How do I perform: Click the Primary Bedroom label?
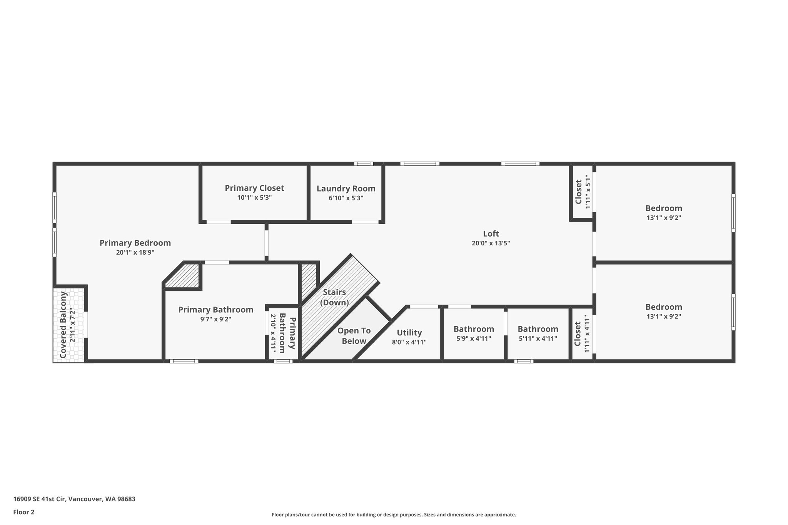point(135,243)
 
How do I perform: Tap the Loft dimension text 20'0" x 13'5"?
point(491,243)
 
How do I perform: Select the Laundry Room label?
point(346,189)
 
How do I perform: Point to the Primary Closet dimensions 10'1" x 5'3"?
point(254,198)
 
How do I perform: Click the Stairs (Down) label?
point(334,297)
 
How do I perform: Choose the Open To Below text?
point(354,336)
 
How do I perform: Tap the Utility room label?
point(409,333)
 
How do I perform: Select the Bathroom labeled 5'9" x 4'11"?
point(474,329)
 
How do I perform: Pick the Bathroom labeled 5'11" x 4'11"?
point(538,329)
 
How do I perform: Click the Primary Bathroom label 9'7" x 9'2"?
point(215,310)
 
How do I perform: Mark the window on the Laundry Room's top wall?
point(363,164)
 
